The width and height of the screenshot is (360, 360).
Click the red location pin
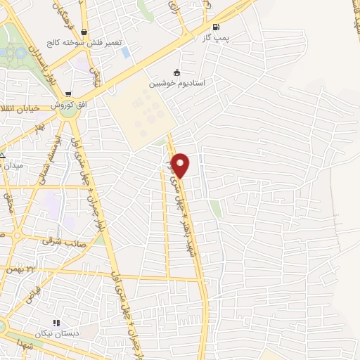click(181, 165)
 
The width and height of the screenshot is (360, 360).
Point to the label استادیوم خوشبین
click(176, 83)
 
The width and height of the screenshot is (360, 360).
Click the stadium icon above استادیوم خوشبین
click(176, 72)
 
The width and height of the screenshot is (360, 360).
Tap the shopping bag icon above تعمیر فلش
click(84, 32)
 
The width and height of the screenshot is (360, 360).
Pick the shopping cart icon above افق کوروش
click(67, 94)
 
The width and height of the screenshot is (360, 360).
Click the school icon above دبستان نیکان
click(56, 323)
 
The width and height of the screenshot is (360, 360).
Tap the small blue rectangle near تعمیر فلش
click(126, 52)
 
